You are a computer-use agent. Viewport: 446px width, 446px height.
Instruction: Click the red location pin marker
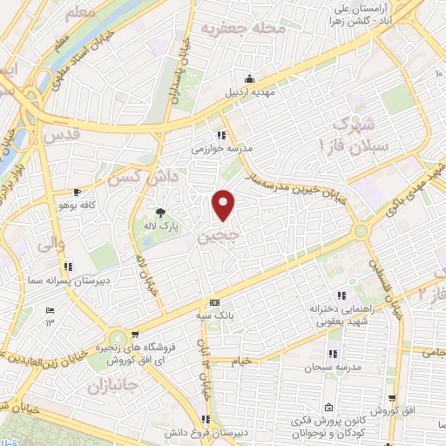click(x=224, y=206)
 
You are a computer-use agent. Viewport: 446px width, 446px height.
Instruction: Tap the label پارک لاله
click(x=160, y=224)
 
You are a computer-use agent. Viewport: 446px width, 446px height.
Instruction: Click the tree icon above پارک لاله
click(x=160, y=212)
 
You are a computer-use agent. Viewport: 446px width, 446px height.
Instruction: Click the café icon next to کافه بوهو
click(x=78, y=192)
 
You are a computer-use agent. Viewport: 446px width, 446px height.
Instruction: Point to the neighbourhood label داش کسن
click(x=132, y=178)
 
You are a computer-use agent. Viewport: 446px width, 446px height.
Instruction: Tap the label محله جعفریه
click(x=232, y=29)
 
